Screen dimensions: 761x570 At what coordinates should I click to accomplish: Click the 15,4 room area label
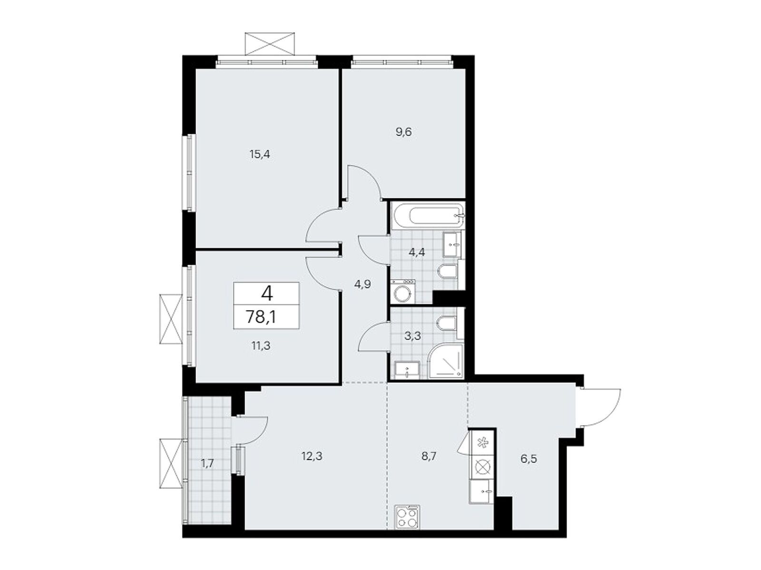click(260, 154)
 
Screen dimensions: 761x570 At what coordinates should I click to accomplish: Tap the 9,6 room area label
click(404, 132)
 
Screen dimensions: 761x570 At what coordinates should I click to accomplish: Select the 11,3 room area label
click(260, 345)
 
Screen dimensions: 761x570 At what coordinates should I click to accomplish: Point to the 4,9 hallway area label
click(362, 284)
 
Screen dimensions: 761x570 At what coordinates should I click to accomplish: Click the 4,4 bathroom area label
click(417, 252)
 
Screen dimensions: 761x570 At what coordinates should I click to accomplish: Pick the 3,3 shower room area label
click(412, 335)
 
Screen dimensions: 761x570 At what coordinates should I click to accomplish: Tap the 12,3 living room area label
click(312, 456)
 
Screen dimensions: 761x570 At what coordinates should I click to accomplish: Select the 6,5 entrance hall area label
click(528, 459)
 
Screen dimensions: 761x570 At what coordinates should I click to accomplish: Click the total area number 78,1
click(261, 316)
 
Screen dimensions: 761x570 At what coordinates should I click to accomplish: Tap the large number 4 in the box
click(267, 294)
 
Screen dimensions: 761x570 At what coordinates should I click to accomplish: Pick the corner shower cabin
click(446, 361)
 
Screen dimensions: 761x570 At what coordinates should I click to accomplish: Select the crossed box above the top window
click(270, 44)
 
